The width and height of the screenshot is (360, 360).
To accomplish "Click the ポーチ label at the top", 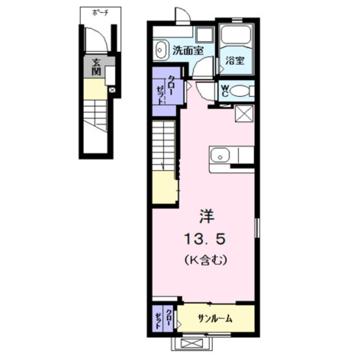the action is click(100, 13).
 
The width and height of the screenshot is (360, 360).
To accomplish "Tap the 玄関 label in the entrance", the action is click(96, 67).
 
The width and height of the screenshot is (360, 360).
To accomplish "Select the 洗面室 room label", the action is click(188, 51).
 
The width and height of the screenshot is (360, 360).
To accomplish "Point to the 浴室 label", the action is click(235, 60).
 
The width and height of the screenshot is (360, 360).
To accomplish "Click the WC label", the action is click(225, 91).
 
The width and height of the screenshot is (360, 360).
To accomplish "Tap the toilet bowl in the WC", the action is click(240, 91).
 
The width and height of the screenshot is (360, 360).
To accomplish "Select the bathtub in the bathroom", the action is click(236, 35).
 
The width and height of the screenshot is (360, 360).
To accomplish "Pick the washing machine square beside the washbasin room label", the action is click(205, 34).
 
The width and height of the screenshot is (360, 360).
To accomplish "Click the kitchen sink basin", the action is click(220, 155).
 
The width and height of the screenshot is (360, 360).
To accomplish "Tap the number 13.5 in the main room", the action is click(205, 239).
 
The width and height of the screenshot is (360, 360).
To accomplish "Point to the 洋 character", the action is click(206, 216).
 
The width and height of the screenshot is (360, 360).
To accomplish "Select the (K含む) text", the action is click(205, 260).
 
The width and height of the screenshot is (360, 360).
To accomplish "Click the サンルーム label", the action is click(215, 318).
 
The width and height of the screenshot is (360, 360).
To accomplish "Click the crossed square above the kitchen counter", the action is click(244, 114).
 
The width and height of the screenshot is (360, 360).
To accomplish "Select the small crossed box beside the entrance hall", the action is click(112, 90).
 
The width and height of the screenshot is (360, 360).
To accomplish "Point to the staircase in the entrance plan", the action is click(95, 116).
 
